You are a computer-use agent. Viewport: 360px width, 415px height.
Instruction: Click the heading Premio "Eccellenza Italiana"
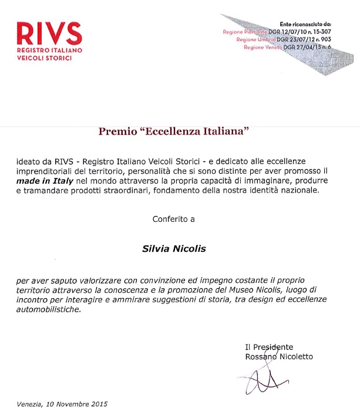coord(174,131)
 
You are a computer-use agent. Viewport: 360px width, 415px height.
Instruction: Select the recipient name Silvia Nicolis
coord(174,248)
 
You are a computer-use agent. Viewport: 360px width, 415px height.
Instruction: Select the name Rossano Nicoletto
coord(279,356)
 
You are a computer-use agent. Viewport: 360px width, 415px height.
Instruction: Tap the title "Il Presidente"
coord(269,347)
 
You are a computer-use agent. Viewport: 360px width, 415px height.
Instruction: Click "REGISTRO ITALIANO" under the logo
coord(49,51)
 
